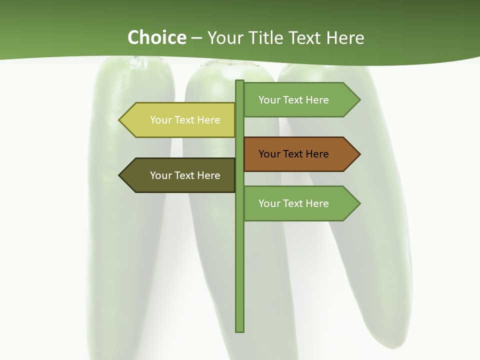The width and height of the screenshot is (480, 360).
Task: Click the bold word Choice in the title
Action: tap(156, 38)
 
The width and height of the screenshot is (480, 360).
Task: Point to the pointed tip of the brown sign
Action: tap(359, 154)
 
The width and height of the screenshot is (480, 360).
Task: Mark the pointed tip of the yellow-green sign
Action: tap(120, 120)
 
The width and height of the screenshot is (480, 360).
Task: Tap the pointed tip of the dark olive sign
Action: tap(120, 175)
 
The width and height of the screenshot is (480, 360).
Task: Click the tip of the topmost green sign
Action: tap(359, 100)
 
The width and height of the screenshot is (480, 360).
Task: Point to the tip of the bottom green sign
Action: tap(359, 203)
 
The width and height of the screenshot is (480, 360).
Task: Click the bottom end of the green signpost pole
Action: tap(240, 330)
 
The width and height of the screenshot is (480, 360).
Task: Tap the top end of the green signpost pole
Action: tap(240, 81)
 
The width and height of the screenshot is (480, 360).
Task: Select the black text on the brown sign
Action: tap(293, 154)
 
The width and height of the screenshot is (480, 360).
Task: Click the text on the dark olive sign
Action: tap(185, 175)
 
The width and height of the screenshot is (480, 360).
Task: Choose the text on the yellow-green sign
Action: tap(185, 120)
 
